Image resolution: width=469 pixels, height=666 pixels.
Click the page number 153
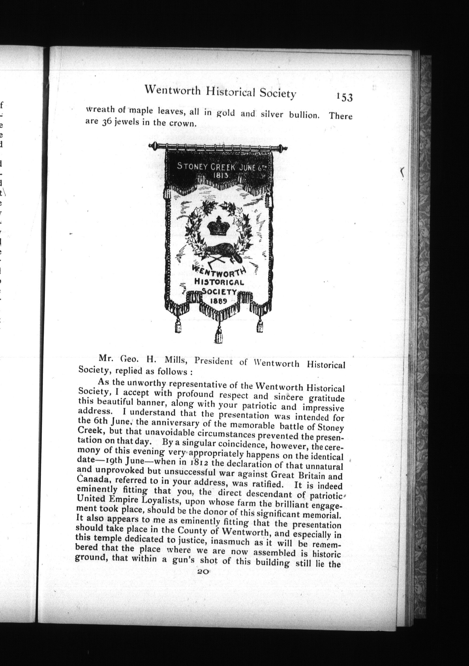tap(345, 97)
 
